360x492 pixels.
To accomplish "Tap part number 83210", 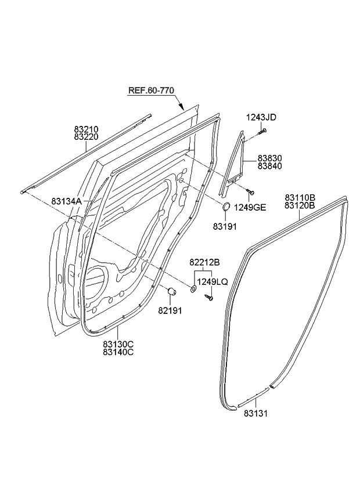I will [x=86, y=128].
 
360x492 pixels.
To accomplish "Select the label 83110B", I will [x=300, y=197].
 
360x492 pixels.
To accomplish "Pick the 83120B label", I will [x=300, y=205].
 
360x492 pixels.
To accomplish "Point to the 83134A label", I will [x=67, y=201].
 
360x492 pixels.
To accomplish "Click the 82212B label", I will [x=204, y=262].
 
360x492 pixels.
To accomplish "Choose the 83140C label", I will [x=118, y=352].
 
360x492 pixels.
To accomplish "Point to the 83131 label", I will [x=255, y=413].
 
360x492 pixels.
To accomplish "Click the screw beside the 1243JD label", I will [x=261, y=132].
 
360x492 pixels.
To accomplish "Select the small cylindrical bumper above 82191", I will [x=171, y=291].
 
